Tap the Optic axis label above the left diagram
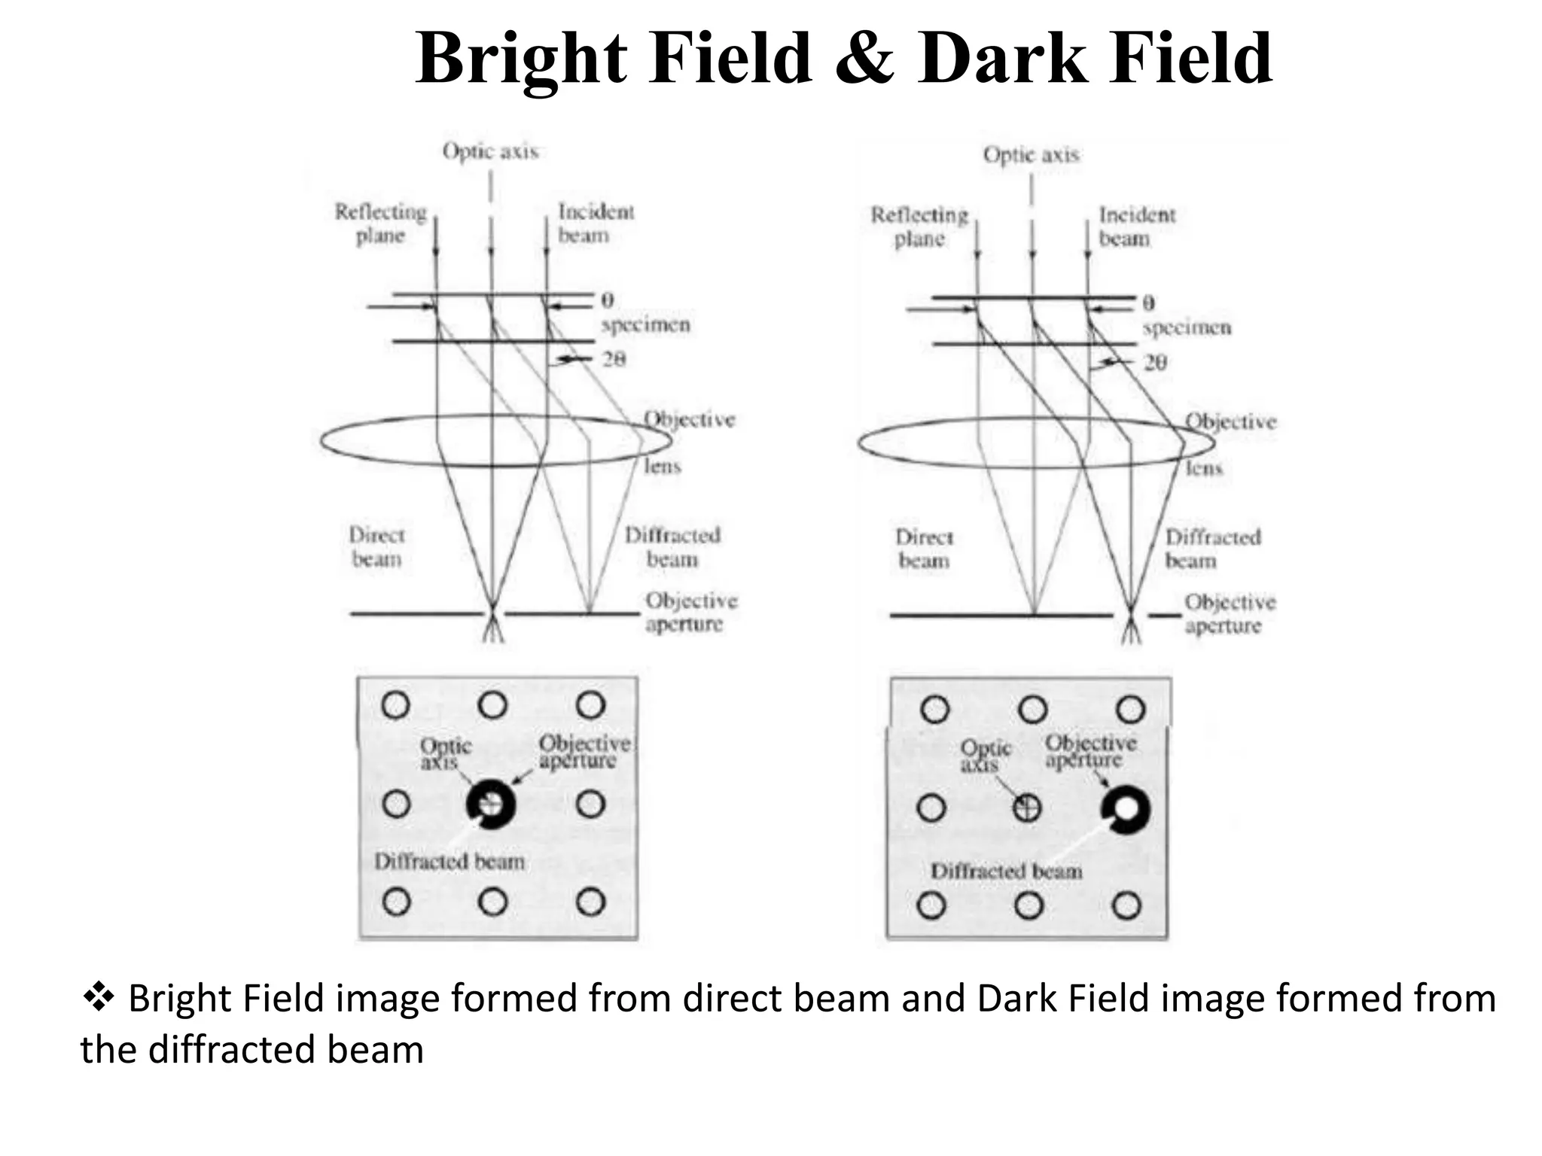(x=490, y=151)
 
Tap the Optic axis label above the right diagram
(x=1031, y=154)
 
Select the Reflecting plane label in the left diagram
(x=381, y=224)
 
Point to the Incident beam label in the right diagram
(x=1136, y=227)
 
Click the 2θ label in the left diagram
(x=614, y=359)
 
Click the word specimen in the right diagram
(x=1187, y=328)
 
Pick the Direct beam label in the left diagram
(x=376, y=547)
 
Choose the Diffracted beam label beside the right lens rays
(x=1212, y=549)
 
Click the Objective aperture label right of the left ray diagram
(x=690, y=612)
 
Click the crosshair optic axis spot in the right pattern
(x=1027, y=808)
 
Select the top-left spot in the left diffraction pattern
(x=396, y=705)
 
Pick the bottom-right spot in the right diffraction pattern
(x=1126, y=905)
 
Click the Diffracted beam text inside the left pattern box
(x=449, y=861)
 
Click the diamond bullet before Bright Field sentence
(x=98, y=998)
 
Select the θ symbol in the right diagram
(x=1148, y=303)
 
